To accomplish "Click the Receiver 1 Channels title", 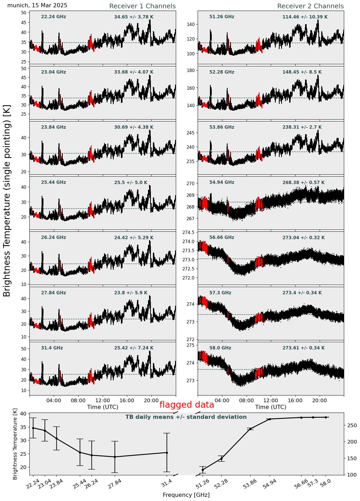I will click(x=142, y=6).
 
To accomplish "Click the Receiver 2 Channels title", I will click(x=310, y=6).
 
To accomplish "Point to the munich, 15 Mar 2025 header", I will click(x=37, y=5).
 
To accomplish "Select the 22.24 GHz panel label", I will click(x=54, y=17).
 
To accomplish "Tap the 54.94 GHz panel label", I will click(x=222, y=183).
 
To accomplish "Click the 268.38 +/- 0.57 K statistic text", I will click(x=303, y=183).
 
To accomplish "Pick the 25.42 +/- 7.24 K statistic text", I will click(x=134, y=348).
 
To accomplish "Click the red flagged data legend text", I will click(x=187, y=405).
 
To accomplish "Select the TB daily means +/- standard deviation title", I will click(x=186, y=417).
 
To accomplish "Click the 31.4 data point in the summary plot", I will click(x=167, y=453).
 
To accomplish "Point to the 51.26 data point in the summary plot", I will click(x=203, y=470).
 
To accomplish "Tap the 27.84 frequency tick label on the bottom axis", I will click(x=115, y=484).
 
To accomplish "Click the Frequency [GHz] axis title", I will click(x=186, y=495).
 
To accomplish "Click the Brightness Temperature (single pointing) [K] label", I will click(x=7, y=200).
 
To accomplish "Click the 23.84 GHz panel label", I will click(x=54, y=127).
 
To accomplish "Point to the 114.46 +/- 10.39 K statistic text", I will click(x=305, y=17).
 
